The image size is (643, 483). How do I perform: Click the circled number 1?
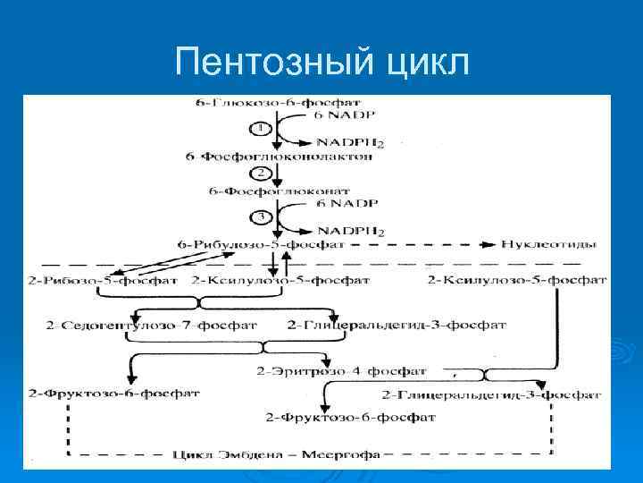(260, 128)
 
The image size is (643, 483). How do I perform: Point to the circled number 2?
(260, 172)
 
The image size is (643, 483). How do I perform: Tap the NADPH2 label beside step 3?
(352, 231)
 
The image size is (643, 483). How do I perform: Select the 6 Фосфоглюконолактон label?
(279, 156)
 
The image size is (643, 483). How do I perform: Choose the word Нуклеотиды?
(540, 243)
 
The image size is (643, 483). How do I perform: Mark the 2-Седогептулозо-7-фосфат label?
(130, 323)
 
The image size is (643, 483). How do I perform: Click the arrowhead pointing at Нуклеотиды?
(489, 243)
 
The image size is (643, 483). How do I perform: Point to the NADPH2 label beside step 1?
(352, 142)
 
